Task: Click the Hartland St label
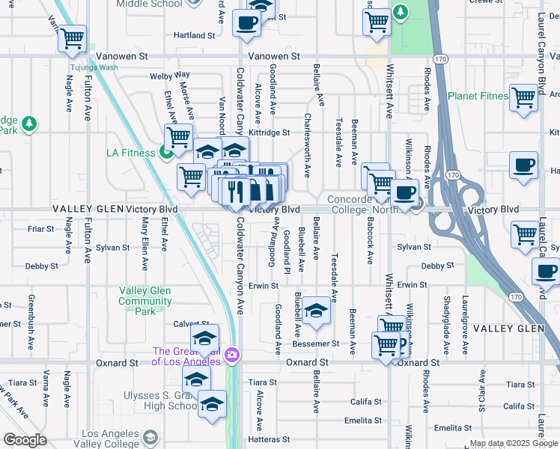point(194,35)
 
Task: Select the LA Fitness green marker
point(166,153)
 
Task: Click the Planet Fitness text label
point(478,96)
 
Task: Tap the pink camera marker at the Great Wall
point(233,354)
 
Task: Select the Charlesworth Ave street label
point(307,145)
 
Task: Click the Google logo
point(25,439)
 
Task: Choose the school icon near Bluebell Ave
point(317,311)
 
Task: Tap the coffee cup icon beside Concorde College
point(404,193)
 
